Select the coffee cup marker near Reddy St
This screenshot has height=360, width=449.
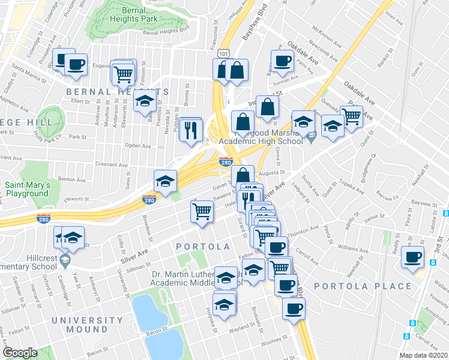(x=413, y=257)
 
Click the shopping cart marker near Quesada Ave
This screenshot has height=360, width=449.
(x=351, y=115)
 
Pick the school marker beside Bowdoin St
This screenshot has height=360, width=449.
(x=165, y=181)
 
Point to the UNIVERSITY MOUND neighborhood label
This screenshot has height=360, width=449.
(x=87, y=325)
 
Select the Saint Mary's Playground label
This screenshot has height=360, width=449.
(x=26, y=189)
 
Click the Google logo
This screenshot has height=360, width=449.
(x=20, y=352)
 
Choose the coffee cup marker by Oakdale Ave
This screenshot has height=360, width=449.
(x=282, y=60)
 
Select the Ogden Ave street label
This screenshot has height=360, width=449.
(x=137, y=146)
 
